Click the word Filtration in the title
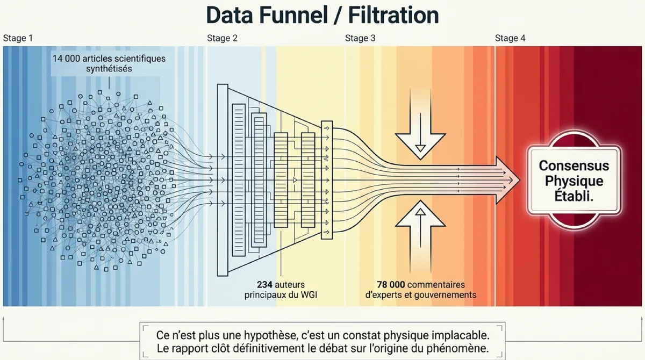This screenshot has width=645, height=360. coord(393,15)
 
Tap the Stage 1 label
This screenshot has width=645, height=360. coord(18,38)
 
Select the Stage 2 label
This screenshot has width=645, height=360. coord(223,38)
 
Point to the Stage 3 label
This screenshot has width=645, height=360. coord(360,38)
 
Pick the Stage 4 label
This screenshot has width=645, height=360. coord(510,38)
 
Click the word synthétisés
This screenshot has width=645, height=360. coord(109,69)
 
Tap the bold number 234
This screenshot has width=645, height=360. coord(264,285)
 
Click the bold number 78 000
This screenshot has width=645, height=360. coord(391,285)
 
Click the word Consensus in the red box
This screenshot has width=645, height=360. coord(574,165)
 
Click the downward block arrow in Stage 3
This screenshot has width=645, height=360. coord(420,124)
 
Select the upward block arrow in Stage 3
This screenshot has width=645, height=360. coord(420,236)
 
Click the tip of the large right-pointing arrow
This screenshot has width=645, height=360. coord(520,180)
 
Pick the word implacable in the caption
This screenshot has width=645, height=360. coord(462,335)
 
